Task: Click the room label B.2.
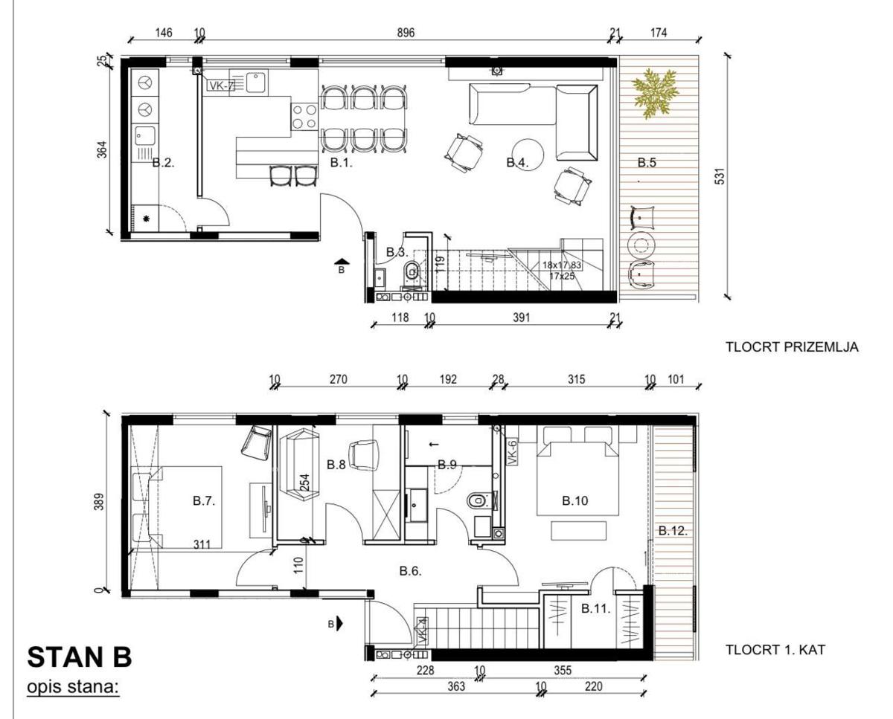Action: [163, 163]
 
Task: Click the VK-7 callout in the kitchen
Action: [220, 86]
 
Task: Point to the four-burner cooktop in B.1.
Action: [304, 117]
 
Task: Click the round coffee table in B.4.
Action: [530, 152]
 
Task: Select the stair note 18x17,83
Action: [563, 265]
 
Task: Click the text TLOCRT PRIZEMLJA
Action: [792, 346]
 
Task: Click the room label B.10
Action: [574, 501]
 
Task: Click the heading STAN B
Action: [79, 658]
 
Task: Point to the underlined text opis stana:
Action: [74, 686]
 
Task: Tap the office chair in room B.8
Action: [363, 454]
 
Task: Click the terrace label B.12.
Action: [672, 531]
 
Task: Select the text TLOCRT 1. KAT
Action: [775, 651]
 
